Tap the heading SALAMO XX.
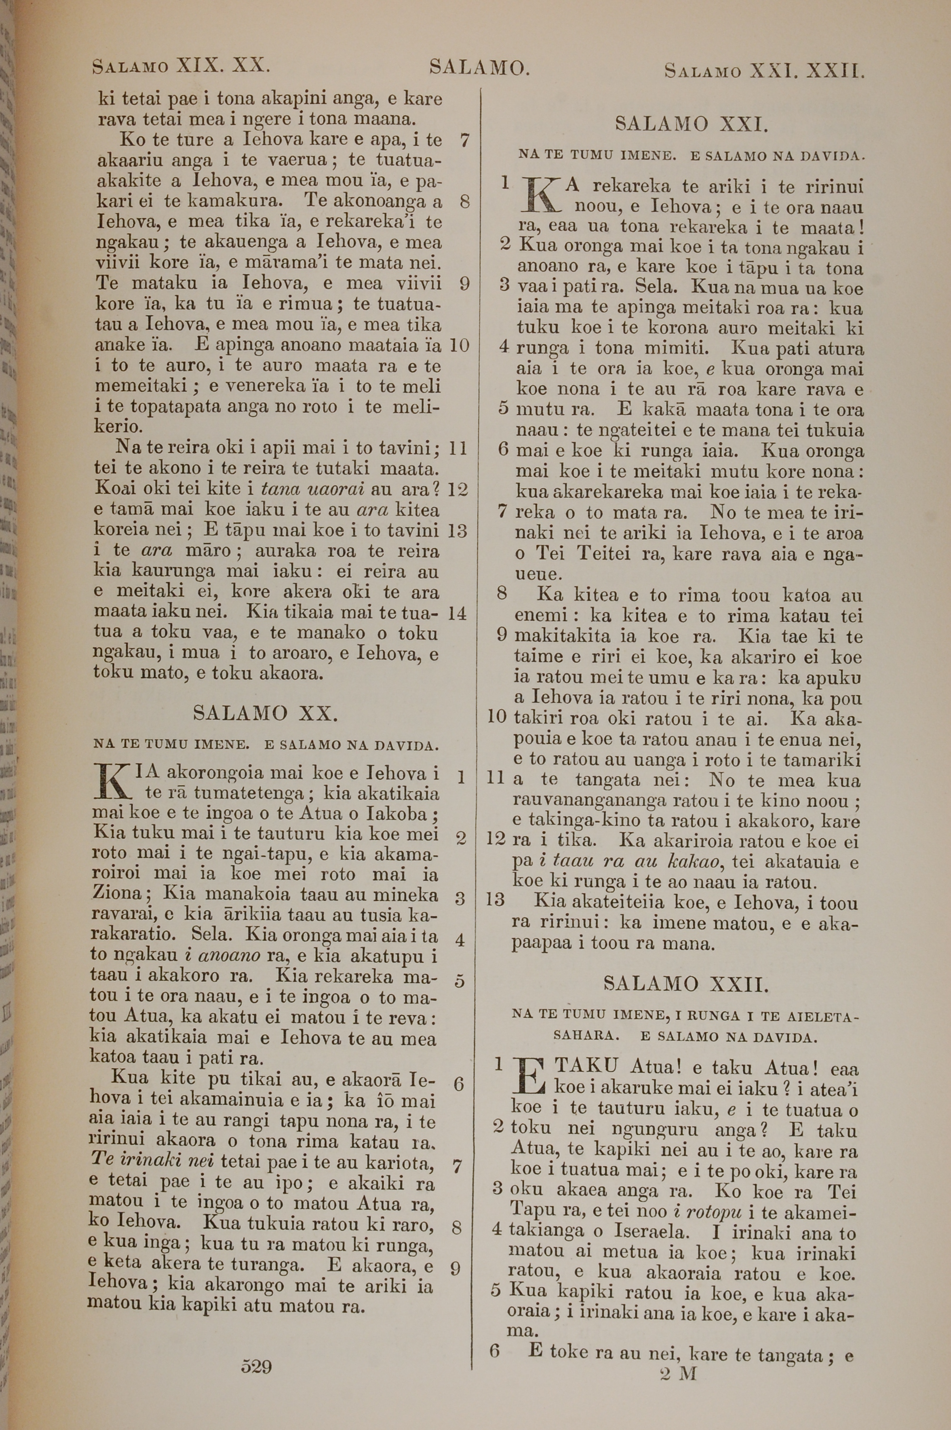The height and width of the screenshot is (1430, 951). (264, 713)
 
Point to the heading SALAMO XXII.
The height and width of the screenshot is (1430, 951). (686, 984)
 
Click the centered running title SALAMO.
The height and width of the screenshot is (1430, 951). (480, 67)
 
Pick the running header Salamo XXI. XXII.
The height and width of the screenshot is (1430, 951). (764, 71)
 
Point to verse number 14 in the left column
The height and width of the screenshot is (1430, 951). (456, 613)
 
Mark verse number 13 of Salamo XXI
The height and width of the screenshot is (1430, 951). (495, 899)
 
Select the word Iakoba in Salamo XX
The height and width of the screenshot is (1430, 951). (400, 813)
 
